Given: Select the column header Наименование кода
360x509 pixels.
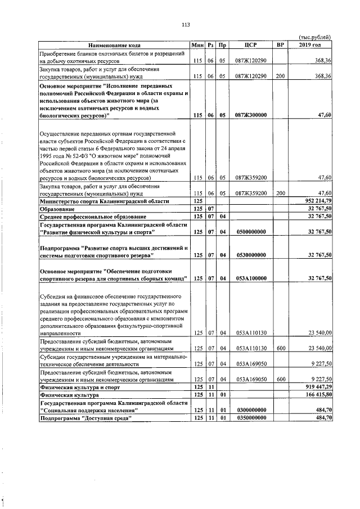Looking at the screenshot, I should tap(114, 45).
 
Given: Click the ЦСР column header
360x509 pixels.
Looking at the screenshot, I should tap(251, 45).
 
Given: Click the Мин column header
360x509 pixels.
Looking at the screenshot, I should tap(197, 45).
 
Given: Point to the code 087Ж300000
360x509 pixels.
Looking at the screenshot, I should tap(251, 115).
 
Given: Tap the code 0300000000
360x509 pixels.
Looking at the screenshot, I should tap(251, 410).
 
